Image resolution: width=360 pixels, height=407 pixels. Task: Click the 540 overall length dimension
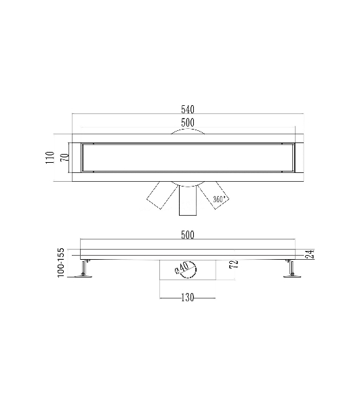tap(188, 109)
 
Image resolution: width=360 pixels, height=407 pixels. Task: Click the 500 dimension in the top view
tap(188, 123)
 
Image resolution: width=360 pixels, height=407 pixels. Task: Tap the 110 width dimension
tap(49, 157)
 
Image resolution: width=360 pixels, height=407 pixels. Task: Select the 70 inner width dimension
tap(65, 157)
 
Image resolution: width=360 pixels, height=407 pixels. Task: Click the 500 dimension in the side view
tap(188, 235)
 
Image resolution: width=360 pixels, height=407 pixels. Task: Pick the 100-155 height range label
tap(60, 263)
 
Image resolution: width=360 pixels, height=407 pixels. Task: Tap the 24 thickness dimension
tap(310, 254)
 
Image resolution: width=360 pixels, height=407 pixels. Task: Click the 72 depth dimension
tap(234, 263)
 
